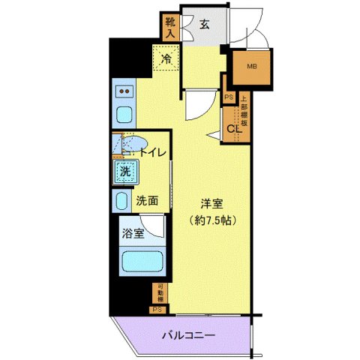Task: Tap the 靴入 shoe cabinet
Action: point(170,27)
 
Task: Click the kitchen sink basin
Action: point(124,115)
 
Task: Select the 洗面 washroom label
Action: point(146,201)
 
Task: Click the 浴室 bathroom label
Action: point(134,232)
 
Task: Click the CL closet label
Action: point(233,129)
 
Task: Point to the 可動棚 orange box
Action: point(158,292)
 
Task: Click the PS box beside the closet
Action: point(229,97)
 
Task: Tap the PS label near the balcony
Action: point(157,308)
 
